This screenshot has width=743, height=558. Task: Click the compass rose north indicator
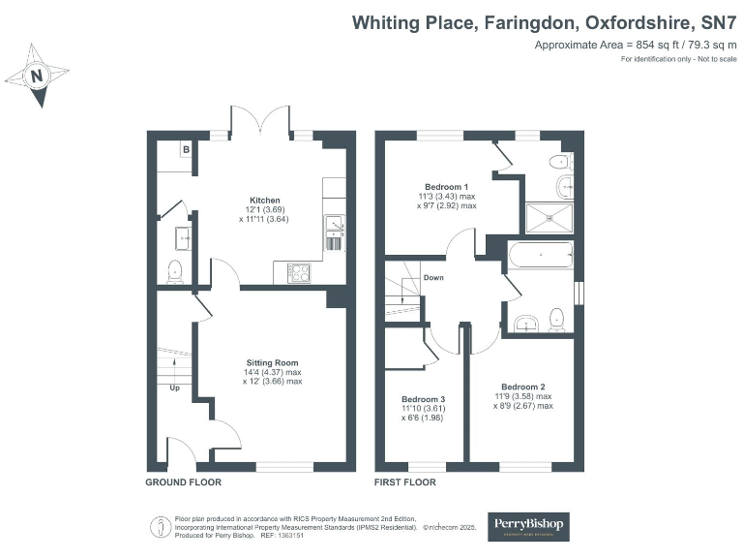coord(37,74)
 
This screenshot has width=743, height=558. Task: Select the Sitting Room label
coord(272,362)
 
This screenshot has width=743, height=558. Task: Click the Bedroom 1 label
coord(446,187)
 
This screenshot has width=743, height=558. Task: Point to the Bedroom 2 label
coord(521,387)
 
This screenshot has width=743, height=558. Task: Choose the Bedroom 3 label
coord(423,399)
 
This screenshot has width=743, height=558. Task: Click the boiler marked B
coord(184,150)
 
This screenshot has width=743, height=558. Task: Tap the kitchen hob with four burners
coord(299,273)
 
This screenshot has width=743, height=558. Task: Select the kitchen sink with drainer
coord(335,232)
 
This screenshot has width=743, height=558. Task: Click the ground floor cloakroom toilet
coord(175,270)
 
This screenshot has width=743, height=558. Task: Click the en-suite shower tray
coord(548,218)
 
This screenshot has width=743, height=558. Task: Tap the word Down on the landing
coord(434,278)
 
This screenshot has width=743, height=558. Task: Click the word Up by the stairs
coord(175,388)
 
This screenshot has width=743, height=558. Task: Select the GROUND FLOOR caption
coord(183,481)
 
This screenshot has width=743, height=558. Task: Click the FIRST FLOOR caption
coord(404,481)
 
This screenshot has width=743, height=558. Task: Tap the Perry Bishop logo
coord(528,526)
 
